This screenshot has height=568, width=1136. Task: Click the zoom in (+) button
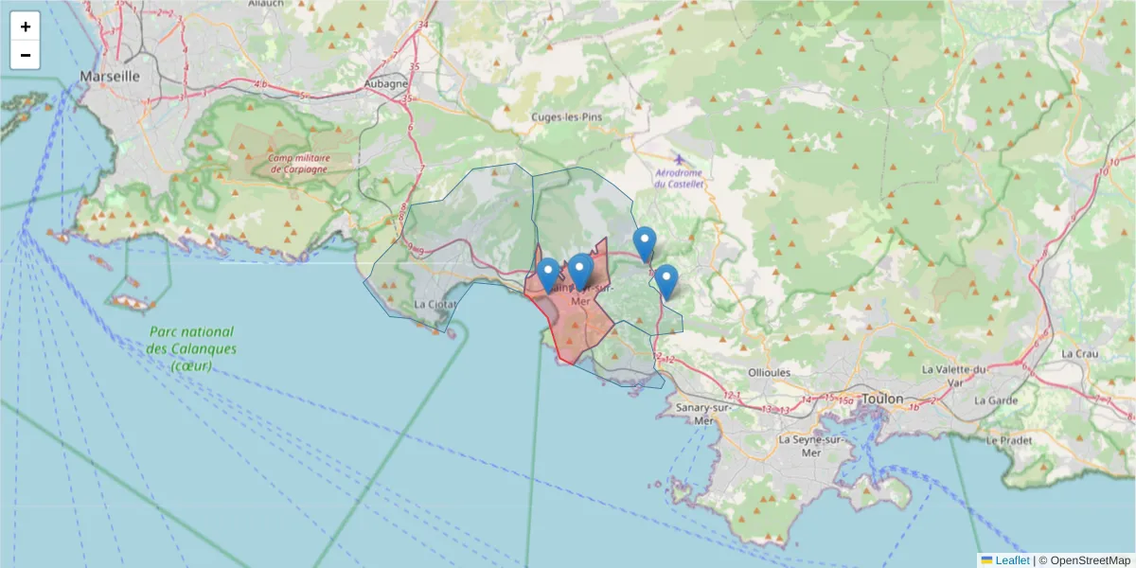pos(26,27)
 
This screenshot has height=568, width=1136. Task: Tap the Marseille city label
pos(110,76)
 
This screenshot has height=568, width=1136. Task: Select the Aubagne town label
pos(385,83)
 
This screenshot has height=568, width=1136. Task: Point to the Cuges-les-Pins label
pos(565,116)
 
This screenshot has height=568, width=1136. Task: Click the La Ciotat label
pos(435,305)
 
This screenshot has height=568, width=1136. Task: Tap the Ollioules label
pos(769,372)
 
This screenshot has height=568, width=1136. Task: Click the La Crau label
pos(1079,353)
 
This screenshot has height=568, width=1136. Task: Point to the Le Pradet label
pos(1007,440)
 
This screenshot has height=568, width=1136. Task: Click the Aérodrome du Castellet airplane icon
pos(680,157)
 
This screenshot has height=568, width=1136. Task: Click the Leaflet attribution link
pos(1012,559)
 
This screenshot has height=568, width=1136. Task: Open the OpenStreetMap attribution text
pos(1091,559)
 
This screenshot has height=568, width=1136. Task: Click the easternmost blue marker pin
pos(667,281)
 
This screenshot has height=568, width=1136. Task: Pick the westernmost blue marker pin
pos(547,275)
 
